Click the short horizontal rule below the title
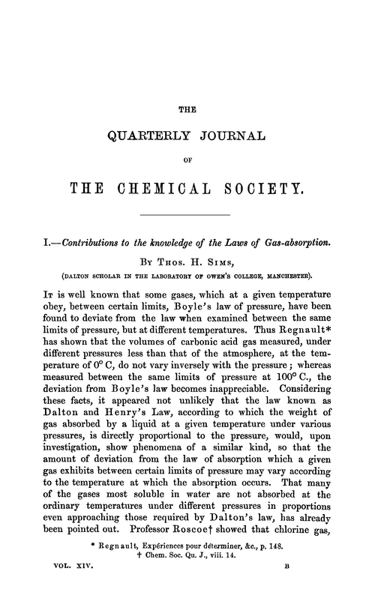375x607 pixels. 187,215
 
